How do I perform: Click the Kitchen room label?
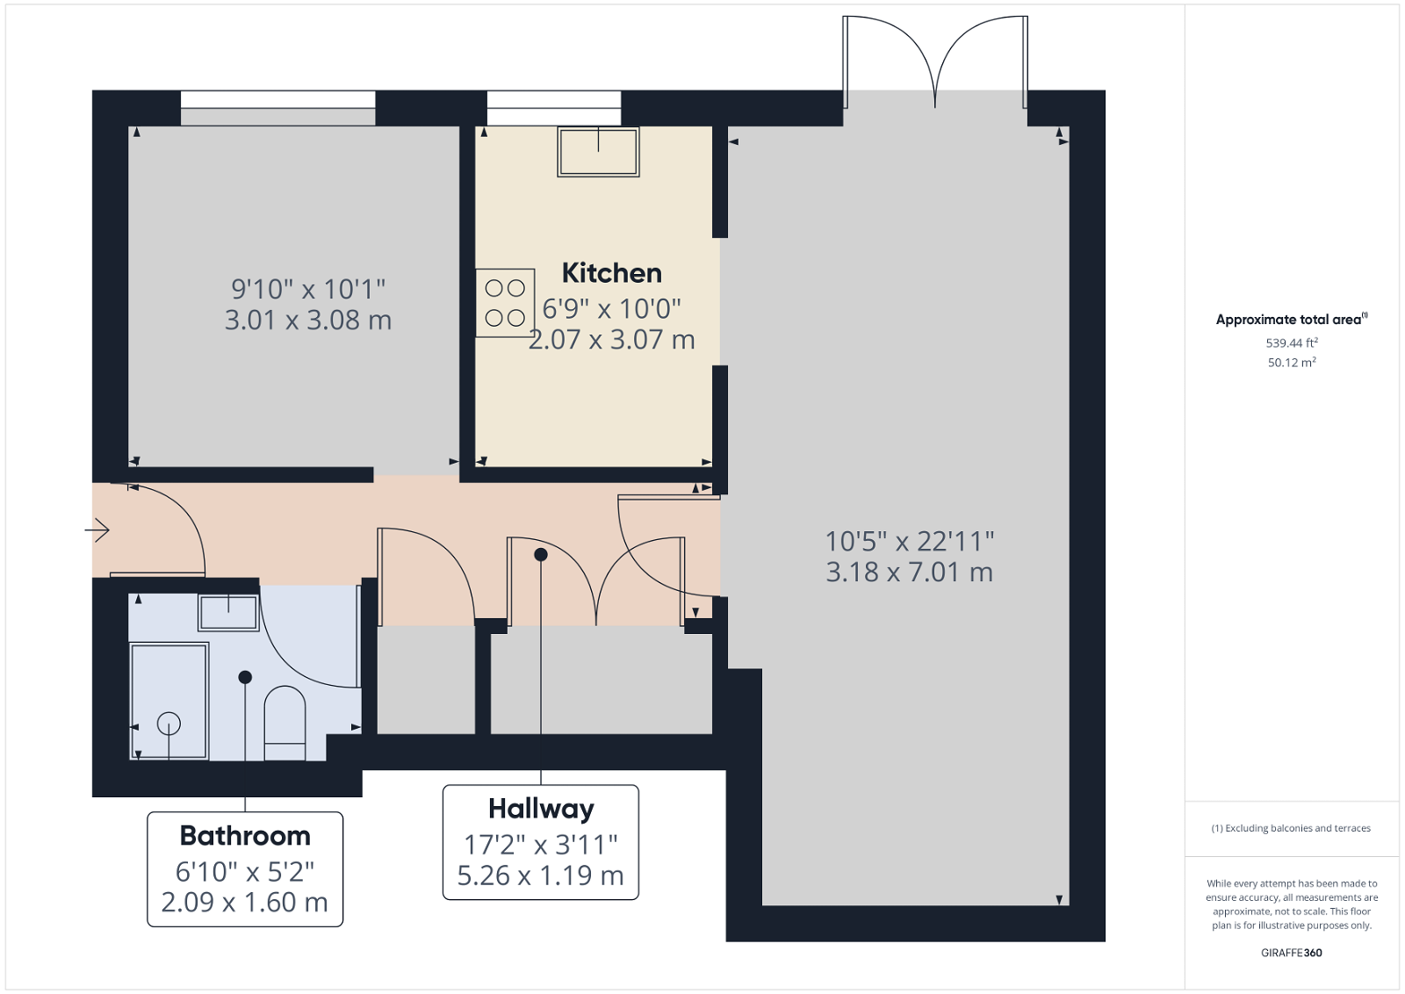[x=611, y=273]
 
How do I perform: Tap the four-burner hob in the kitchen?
[x=505, y=303]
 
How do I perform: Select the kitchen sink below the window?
[x=598, y=151]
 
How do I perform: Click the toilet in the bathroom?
[x=285, y=722]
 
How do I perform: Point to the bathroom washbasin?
[x=228, y=612]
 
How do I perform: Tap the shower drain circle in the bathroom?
[x=169, y=724]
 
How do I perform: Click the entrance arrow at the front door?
[x=97, y=529]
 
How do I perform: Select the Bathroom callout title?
[x=245, y=835]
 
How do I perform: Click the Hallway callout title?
[x=541, y=808]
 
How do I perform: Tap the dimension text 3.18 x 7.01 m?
[x=909, y=573]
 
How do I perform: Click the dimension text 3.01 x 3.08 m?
[x=307, y=321]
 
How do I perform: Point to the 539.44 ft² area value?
[x=1291, y=343]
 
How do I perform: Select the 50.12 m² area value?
[x=1291, y=363]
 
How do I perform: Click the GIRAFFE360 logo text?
[x=1291, y=953]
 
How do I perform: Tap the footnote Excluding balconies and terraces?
[x=1291, y=828]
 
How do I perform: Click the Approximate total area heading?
[x=1289, y=320]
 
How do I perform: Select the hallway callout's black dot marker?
[x=541, y=554]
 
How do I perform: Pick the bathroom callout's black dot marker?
[x=245, y=677]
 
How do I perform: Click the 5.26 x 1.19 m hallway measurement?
[x=540, y=875]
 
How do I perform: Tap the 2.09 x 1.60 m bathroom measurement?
[x=244, y=903]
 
